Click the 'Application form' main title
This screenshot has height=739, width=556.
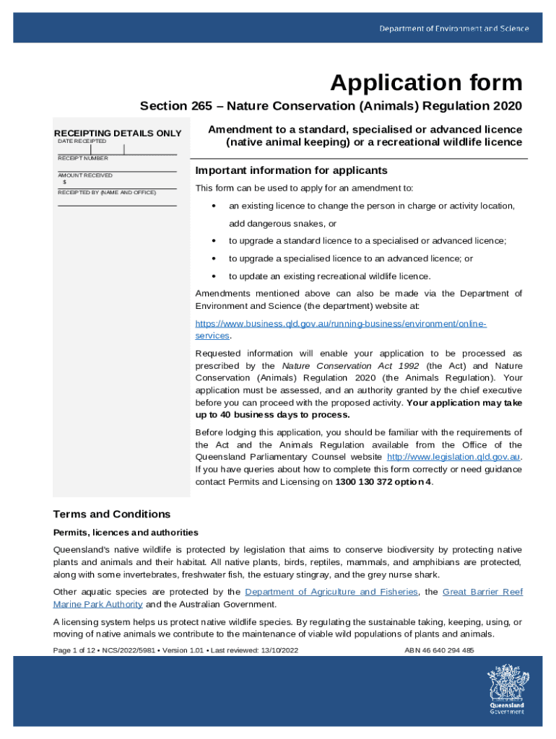tap(426, 84)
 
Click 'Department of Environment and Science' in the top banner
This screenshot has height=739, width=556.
tap(454, 29)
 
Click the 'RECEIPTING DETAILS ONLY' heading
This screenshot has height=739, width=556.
tap(118, 134)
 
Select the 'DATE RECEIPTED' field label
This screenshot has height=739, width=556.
tap(82, 141)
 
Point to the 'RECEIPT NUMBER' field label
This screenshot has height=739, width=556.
tap(83, 158)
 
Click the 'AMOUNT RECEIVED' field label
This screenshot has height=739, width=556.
tap(85, 175)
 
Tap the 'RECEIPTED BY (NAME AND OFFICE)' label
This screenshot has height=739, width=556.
tap(107, 193)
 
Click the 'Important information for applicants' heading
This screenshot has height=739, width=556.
tap(292, 171)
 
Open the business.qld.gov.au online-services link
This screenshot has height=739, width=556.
tap(341, 323)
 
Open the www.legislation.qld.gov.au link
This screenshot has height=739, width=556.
tap(453, 457)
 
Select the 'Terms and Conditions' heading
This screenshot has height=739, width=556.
tap(112, 515)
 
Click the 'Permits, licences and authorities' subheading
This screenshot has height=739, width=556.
tap(126, 533)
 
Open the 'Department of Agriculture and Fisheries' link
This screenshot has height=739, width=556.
tap(331, 592)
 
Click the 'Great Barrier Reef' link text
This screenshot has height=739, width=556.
tap(482, 592)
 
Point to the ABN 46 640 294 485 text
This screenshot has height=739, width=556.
tap(440, 650)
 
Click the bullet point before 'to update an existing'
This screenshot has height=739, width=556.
tap(214, 276)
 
